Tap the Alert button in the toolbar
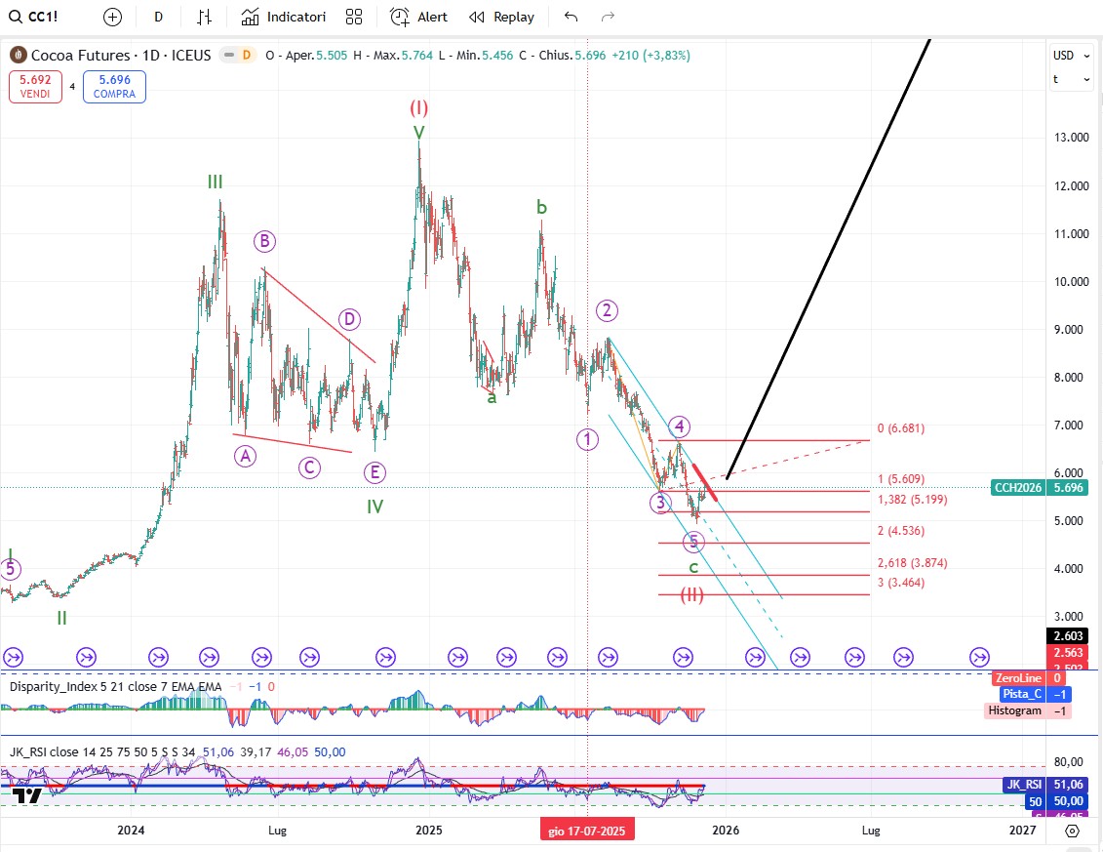click(x=419, y=17)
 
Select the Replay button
click(x=502, y=17)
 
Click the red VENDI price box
click(x=36, y=87)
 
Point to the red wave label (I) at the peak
click(x=418, y=107)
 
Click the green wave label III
click(x=215, y=182)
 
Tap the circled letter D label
click(x=349, y=319)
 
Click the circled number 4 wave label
click(x=680, y=426)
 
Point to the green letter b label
click(x=541, y=207)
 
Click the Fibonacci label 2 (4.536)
click(x=900, y=531)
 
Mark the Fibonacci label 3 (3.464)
click(x=900, y=583)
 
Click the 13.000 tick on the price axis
click(x=1071, y=138)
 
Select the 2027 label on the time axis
click(x=1022, y=830)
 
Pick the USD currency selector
click(x=1063, y=56)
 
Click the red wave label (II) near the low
click(x=692, y=595)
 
